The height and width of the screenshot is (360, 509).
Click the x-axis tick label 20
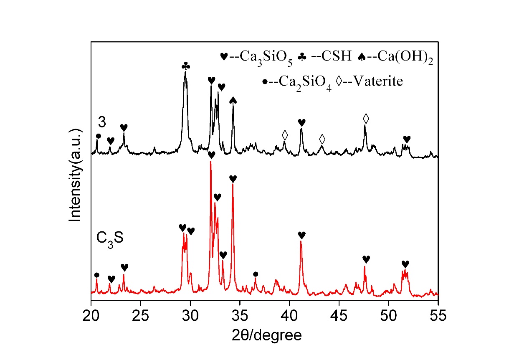(91, 314)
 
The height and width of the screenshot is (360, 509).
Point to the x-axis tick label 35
(240, 314)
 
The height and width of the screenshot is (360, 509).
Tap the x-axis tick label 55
(438, 314)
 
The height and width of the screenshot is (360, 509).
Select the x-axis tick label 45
(339, 314)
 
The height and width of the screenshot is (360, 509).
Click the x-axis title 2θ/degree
(264, 335)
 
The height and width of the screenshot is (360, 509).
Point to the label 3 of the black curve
(101, 122)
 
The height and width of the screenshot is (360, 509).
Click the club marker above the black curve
(186, 66)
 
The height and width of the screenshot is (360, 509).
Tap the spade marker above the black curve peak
(233, 100)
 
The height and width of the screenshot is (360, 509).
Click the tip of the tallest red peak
(210, 162)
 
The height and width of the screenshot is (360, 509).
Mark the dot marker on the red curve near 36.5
(256, 274)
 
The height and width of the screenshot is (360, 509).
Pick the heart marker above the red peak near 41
(301, 235)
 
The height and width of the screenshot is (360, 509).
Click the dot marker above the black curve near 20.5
(99, 136)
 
